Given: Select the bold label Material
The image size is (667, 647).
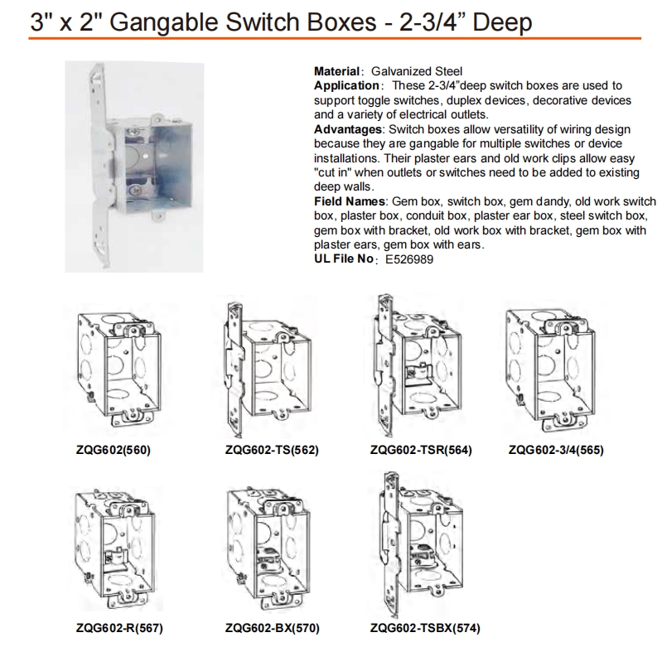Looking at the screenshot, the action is coord(337,71).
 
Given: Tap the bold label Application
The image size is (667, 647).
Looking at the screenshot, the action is coord(346,85).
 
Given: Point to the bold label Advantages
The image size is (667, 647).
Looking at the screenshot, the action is coord(348,129).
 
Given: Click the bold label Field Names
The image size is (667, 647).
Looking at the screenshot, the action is coord(349,201).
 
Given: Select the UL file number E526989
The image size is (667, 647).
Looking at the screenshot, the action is coord(409,259).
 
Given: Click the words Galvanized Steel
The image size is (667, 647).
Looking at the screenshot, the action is coord(417,71).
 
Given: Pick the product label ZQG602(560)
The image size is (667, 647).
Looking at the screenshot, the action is coord(114,450).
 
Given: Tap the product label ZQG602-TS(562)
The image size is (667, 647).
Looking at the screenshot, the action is coord(272,450).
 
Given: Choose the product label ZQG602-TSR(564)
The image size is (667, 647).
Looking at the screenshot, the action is coord(421,450).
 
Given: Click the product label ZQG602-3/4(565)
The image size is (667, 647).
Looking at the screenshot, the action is coord(556,450).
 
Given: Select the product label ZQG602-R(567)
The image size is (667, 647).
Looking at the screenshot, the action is coord(119,628).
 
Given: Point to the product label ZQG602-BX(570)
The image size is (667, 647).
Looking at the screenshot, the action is coord(273,628).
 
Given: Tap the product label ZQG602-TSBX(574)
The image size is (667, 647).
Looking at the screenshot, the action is coord(425,628).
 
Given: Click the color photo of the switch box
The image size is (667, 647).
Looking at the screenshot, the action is coord(134,167).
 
